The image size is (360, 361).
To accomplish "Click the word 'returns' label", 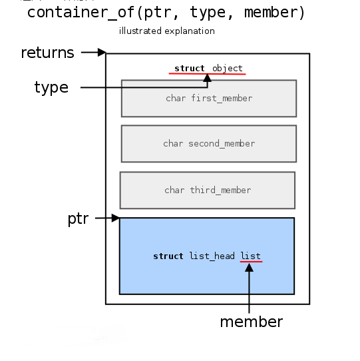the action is pos(47,53).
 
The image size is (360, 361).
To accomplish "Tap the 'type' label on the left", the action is pos(51,88).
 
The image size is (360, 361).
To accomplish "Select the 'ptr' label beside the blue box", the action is pos(78,218).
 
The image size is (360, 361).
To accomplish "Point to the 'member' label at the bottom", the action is pos(252,322).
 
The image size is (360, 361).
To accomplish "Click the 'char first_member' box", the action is pos(209,99).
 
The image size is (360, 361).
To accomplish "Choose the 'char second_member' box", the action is pos(209,144).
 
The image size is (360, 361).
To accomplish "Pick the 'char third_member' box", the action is pos(208,190).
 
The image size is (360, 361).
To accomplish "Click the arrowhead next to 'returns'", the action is pos(102,52).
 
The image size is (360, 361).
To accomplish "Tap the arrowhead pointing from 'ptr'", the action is pos(116,218).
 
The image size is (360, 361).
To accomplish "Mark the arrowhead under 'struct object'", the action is pos(207,78).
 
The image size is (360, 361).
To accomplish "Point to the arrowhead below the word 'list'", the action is pos(249,268).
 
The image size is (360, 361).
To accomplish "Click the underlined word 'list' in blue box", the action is pos(250,256).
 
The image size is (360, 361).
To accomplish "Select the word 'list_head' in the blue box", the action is pos(212,256).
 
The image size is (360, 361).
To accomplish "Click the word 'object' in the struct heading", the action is pos(228,69).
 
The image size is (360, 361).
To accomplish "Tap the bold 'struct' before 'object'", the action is pos(190,69).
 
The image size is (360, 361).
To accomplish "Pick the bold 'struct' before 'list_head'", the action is pos(168,256).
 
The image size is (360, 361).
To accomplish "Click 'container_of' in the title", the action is pos(81,13).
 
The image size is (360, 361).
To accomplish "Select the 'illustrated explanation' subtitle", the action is pos(167,31).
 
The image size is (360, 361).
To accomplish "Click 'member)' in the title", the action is pos(275,13).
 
